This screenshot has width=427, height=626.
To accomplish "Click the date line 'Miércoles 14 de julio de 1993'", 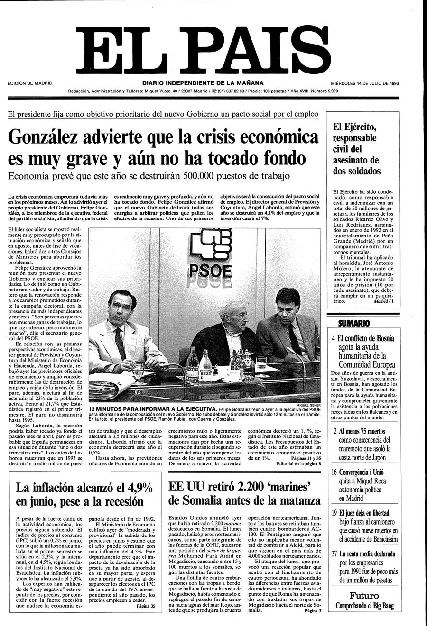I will pyautogui.click(x=364, y=83).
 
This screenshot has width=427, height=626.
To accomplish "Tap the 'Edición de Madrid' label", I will pyautogui.click(x=30, y=83).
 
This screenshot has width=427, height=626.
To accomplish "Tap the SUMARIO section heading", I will pyautogui.click(x=353, y=323).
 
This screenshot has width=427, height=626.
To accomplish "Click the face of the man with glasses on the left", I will pyautogui.click(x=120, y=307).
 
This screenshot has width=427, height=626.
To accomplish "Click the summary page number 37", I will pyautogui.click(x=334, y=553).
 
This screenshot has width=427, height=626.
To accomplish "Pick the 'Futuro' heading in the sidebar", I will pyautogui.click(x=364, y=596).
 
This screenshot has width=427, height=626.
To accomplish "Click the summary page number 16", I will pyautogui.click(x=334, y=472).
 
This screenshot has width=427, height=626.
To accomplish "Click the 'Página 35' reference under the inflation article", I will pyautogui.click(x=146, y=606).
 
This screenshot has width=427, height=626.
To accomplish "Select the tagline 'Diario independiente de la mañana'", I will pyautogui.click(x=203, y=83).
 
